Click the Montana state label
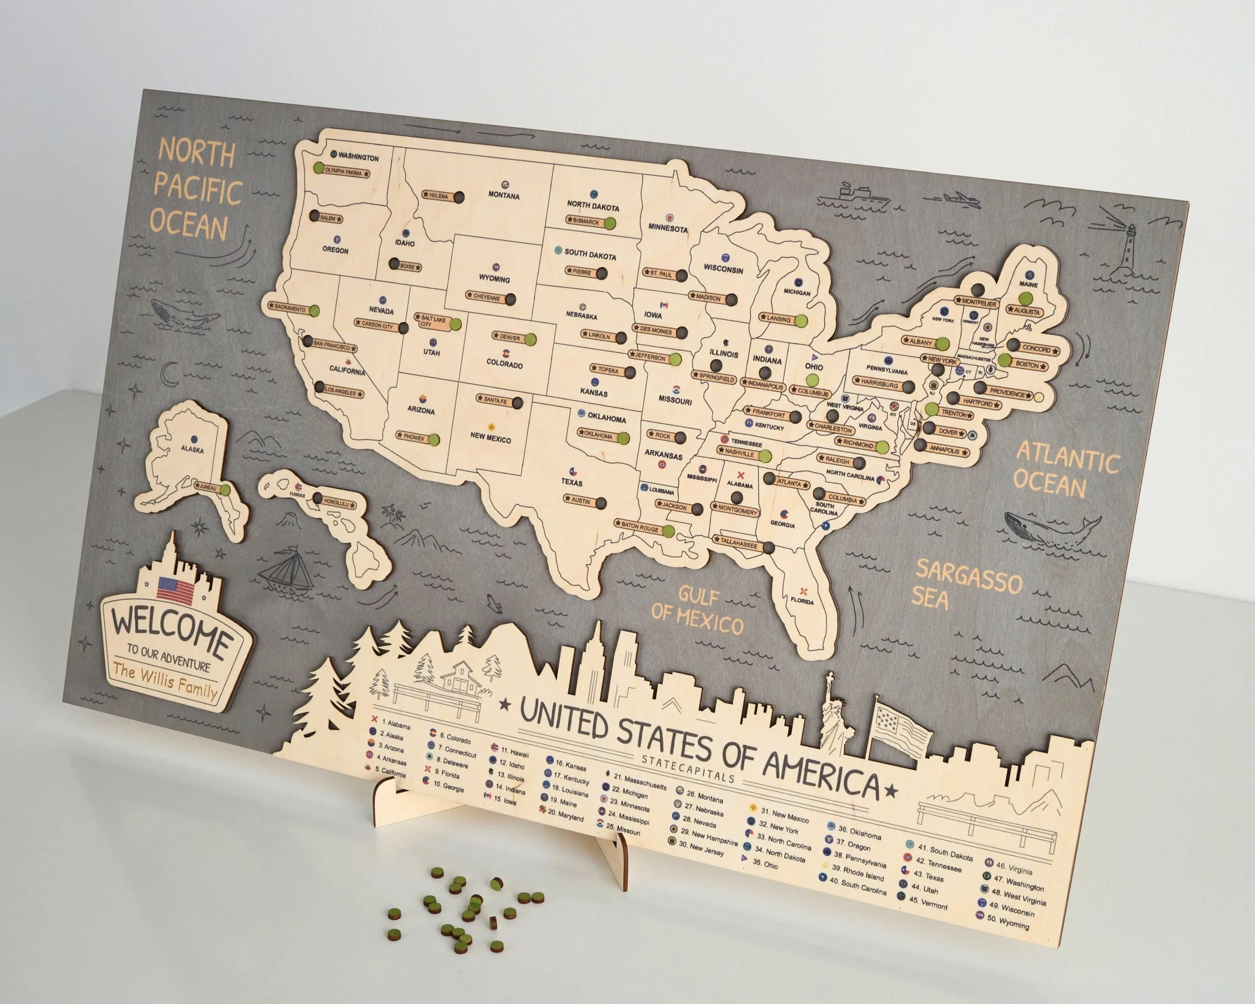pos(504,195)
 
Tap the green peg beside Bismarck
pos(610,223)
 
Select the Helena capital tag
pos(438,195)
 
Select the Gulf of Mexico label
pos(697,612)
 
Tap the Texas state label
pos(571,482)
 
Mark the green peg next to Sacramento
pos(314,311)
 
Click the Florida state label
pos(802,601)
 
